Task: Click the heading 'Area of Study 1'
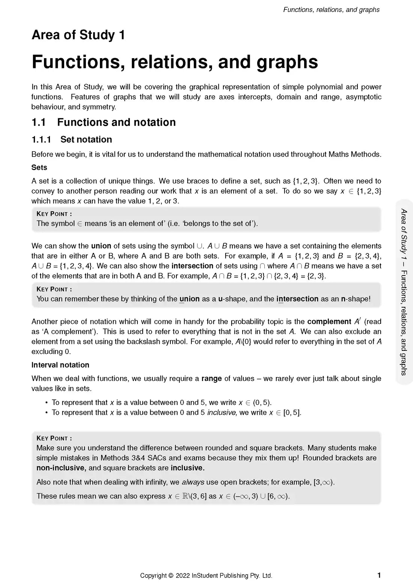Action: [x=78, y=35]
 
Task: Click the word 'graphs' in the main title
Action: [x=287, y=62]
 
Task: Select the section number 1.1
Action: [x=38, y=122]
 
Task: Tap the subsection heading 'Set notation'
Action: [x=86, y=140]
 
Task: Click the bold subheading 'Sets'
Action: [x=39, y=167]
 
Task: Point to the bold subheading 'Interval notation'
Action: [x=60, y=365]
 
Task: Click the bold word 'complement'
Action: [x=329, y=322]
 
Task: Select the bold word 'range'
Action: [x=211, y=378]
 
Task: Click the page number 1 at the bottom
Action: [x=379, y=575]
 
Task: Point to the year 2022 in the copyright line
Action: [x=182, y=575]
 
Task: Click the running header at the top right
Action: [x=331, y=10]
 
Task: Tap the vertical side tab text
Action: [x=404, y=292]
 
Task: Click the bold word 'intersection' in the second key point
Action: [x=297, y=299]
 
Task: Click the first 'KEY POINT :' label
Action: [x=54, y=214]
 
